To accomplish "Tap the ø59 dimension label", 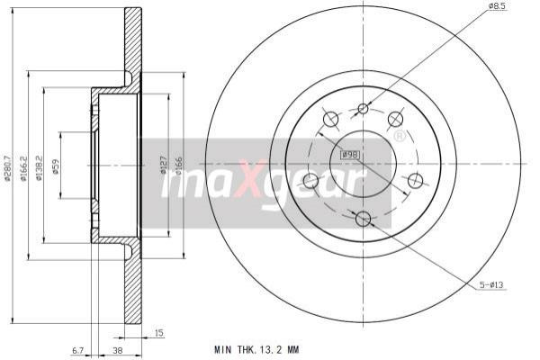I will pyautogui.click(x=56, y=166).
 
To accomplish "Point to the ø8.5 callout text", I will pyautogui.click(x=499, y=7).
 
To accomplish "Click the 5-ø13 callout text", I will pyautogui.click(x=492, y=287).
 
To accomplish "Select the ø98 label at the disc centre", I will pyautogui.click(x=351, y=156).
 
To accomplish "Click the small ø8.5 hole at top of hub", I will pyautogui.click(x=364, y=109).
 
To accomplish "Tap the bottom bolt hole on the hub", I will pyautogui.click(x=364, y=219).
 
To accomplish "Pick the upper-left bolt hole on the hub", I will pyautogui.click(x=329, y=119).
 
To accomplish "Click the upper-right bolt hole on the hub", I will pyautogui.click(x=395, y=119).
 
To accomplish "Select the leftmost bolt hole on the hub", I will pyautogui.click(x=310, y=181).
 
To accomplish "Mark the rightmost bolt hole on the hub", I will pyautogui.click(x=415, y=181).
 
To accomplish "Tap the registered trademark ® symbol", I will pyautogui.click(x=399, y=137).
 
